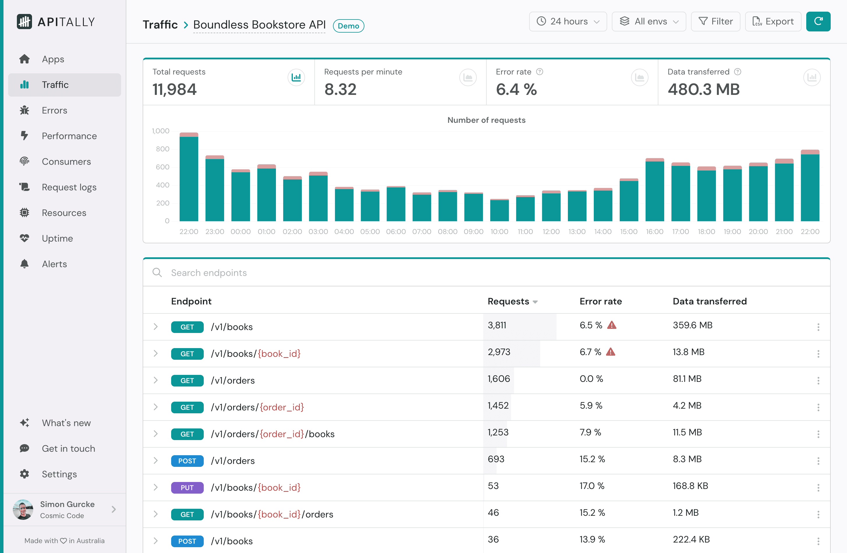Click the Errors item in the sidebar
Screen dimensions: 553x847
coord(54,110)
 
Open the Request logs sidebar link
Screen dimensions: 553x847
coord(69,187)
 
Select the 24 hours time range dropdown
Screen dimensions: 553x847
coord(568,21)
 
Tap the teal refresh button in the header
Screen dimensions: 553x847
coord(818,21)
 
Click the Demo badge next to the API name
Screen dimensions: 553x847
coord(348,26)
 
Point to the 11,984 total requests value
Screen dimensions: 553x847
coord(174,89)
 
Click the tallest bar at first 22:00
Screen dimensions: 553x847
coord(189,178)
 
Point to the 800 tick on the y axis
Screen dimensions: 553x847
coord(163,149)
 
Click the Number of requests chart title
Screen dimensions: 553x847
coord(486,120)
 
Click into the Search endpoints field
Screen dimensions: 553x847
coord(320,273)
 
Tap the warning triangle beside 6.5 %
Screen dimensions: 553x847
coord(612,325)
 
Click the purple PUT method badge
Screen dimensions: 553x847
coord(187,488)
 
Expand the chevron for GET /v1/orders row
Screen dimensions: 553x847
coord(155,380)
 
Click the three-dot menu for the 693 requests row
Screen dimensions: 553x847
coord(818,461)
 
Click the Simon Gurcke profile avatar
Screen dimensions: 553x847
coord(23,509)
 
